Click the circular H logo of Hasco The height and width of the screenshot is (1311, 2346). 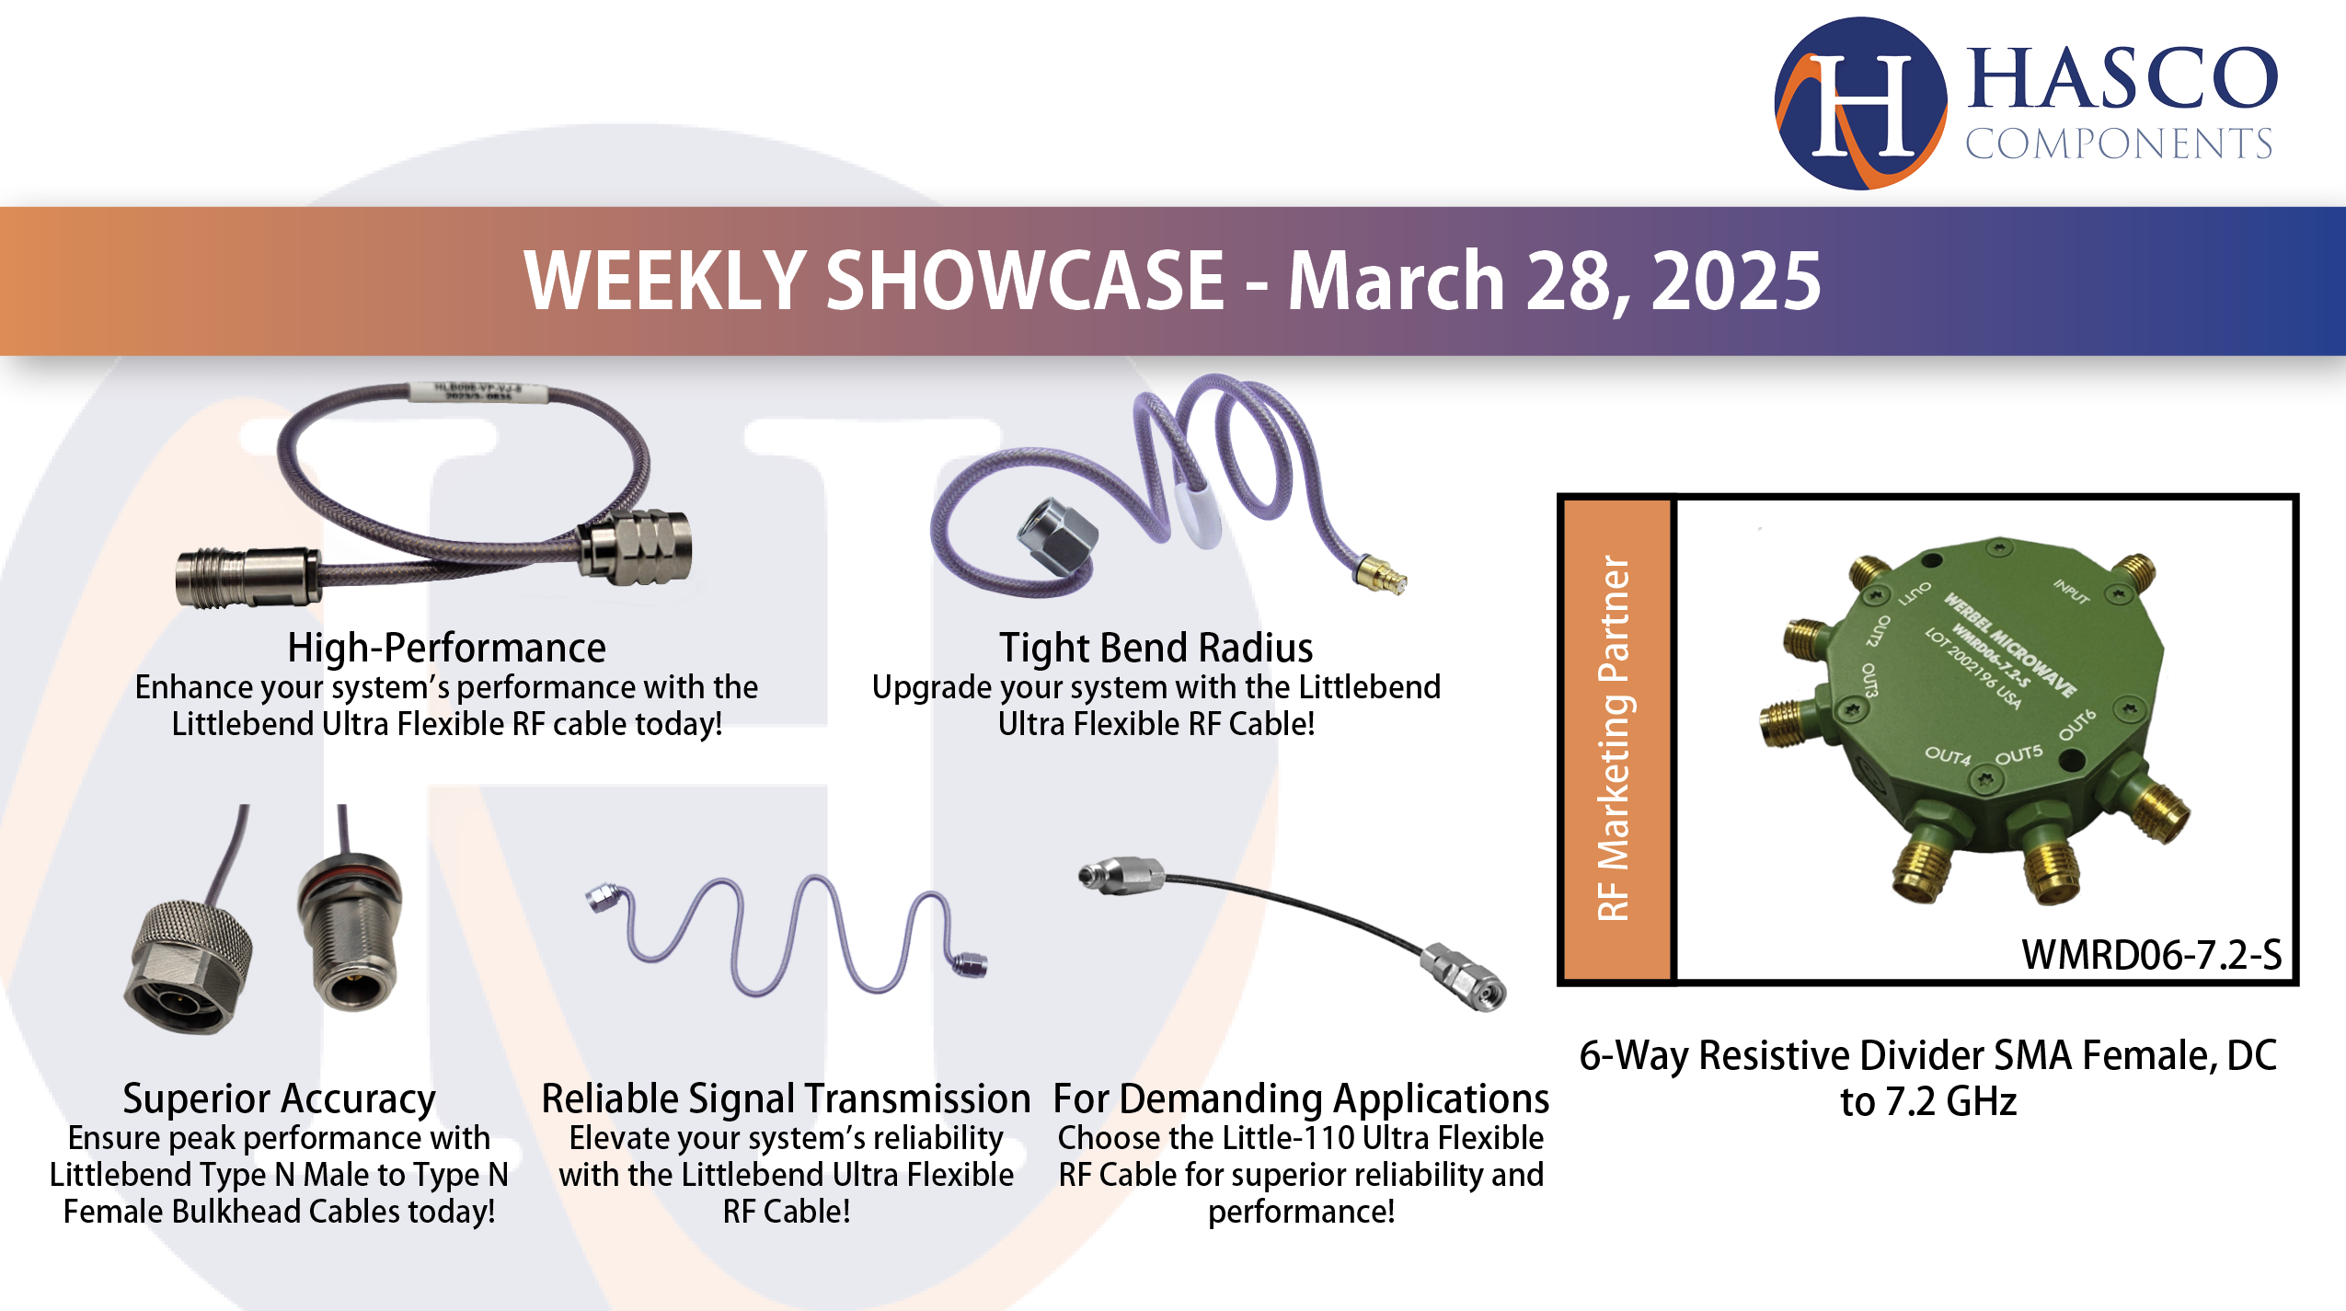coord(1860,103)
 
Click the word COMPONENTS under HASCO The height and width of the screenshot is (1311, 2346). coord(2118,144)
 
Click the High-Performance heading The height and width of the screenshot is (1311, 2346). coord(446,648)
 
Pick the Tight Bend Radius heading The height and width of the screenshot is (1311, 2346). coord(1156,648)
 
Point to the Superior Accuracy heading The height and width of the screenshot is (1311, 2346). coord(279,1098)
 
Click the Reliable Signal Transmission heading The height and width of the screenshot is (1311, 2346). coord(786,1098)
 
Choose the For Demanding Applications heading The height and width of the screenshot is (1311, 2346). coord(1301,1098)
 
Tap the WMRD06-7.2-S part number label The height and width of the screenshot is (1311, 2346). coord(2151,954)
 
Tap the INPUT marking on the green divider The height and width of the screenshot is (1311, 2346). coord(2072,592)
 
